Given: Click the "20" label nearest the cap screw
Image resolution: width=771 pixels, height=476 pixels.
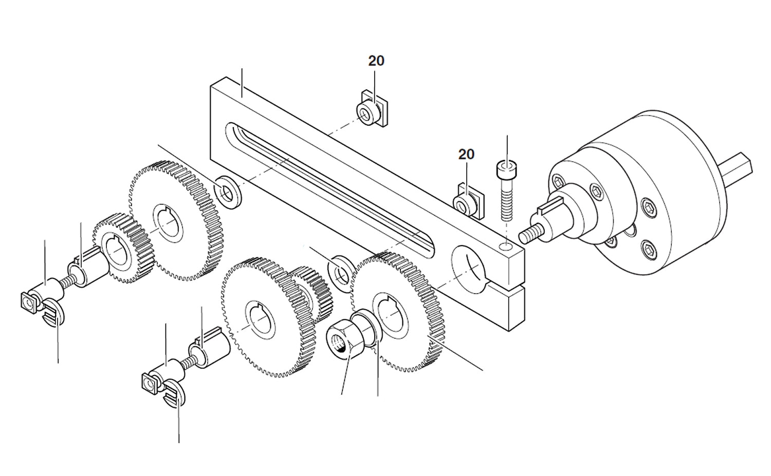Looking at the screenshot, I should pos(466,154).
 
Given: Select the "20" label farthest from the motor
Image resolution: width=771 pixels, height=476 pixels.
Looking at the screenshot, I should pos(376,61).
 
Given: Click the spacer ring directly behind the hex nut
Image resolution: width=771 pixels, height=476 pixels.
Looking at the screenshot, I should pos(368,329).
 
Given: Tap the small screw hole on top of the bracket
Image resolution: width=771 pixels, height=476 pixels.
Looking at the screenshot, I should pos(506,247).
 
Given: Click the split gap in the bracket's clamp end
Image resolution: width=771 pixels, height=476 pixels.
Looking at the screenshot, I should pos(509,285).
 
